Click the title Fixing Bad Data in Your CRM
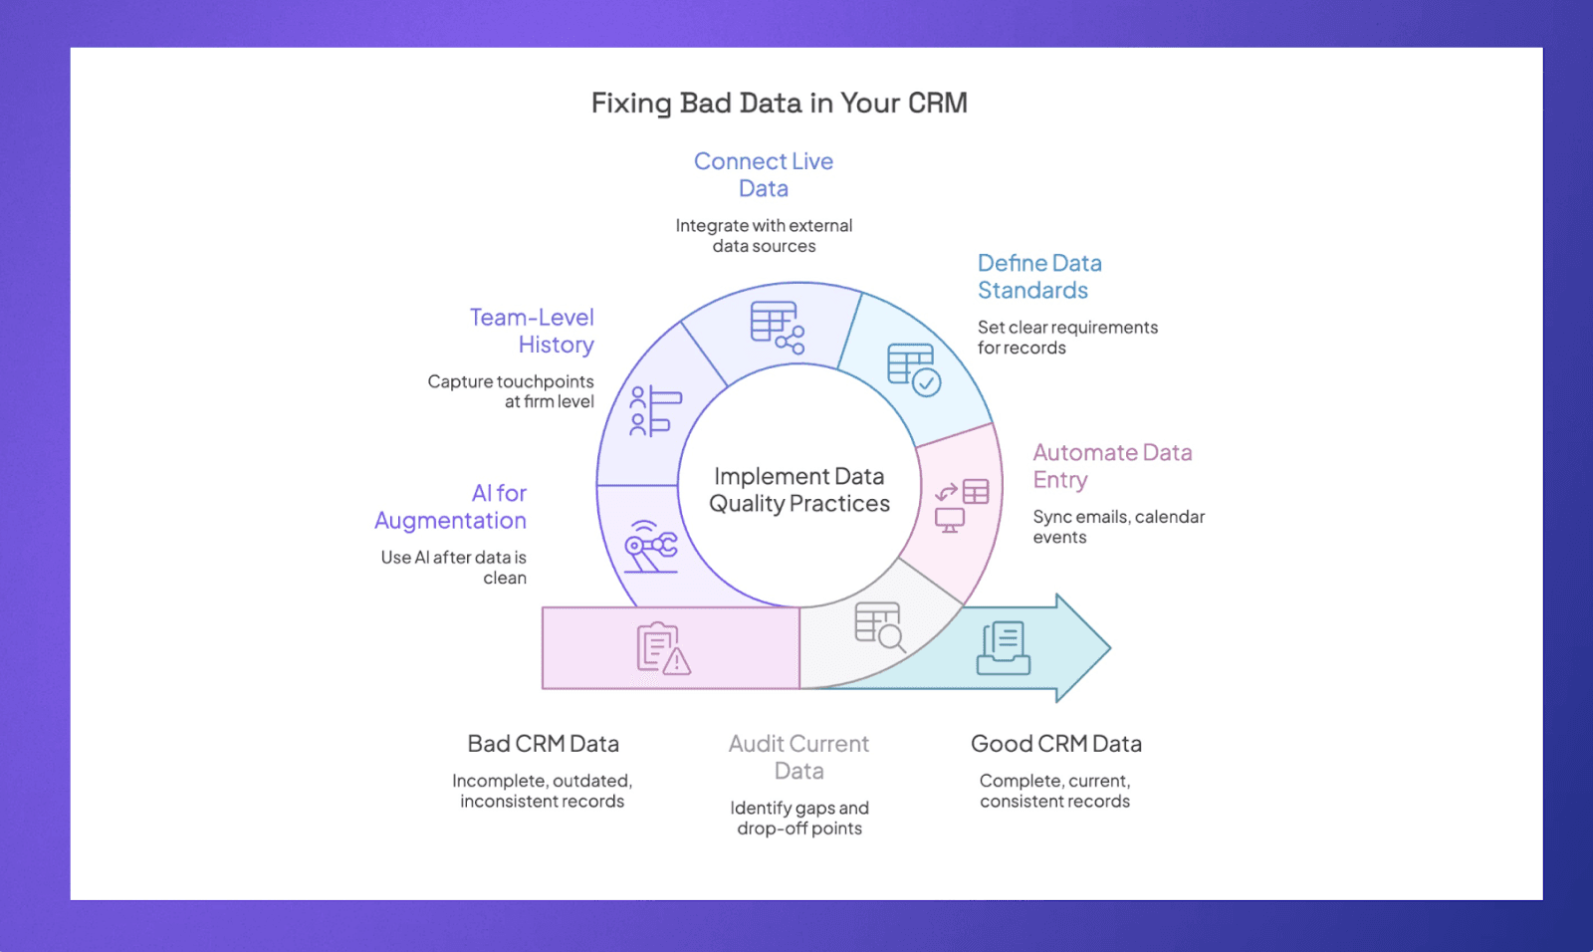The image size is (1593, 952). click(779, 103)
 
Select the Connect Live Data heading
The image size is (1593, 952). click(764, 174)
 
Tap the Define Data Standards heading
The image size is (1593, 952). click(1038, 277)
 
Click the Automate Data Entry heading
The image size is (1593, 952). click(1111, 466)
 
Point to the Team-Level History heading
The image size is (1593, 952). click(533, 331)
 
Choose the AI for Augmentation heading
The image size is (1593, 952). click(452, 507)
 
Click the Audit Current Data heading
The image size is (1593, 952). click(798, 757)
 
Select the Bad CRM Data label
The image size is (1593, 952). click(543, 744)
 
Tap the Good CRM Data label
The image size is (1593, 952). click(1055, 744)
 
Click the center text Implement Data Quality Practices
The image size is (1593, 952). click(798, 490)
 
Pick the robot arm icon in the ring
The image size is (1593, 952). click(650, 547)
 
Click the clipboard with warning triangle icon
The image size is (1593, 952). click(663, 648)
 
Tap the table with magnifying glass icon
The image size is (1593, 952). click(879, 626)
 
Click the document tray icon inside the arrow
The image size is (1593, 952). click(1004, 648)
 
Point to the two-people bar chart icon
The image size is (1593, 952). click(654, 411)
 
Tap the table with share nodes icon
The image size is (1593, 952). click(777, 327)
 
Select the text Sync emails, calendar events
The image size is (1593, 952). click(1118, 527)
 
